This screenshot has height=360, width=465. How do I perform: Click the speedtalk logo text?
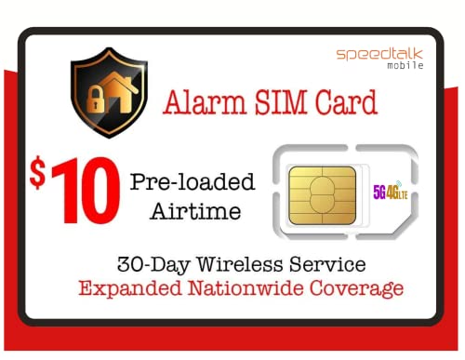tap(379, 54)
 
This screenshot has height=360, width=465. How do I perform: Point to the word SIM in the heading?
tap(283, 104)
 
